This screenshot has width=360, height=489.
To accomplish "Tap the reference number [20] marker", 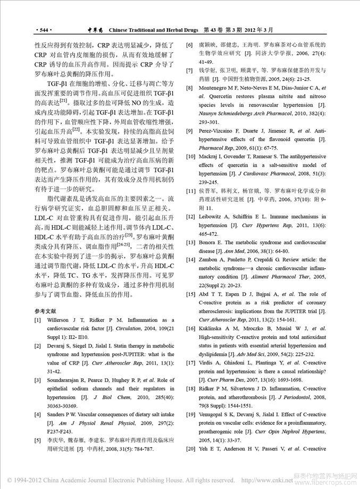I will point(189,449).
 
